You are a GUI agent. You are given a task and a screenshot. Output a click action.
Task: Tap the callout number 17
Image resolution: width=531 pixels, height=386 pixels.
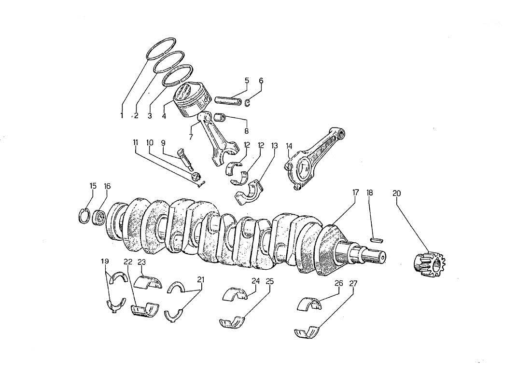pyautogui.click(x=355, y=193)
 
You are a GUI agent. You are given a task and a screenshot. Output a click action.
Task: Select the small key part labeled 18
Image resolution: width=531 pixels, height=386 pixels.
pyautogui.click(x=377, y=238)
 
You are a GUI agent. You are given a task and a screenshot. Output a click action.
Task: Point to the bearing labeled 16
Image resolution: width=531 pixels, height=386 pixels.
pyautogui.click(x=99, y=217)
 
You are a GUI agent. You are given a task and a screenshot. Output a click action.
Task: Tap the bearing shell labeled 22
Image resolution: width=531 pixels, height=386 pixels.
pyautogui.click(x=145, y=307)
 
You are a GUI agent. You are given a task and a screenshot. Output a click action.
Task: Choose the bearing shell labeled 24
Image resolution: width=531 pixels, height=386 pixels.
pyautogui.click(x=235, y=294)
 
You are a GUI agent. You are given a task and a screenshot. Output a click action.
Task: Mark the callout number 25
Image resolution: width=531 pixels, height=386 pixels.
pyautogui.click(x=269, y=282)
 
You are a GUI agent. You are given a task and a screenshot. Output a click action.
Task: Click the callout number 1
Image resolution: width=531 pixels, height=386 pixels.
pyautogui.click(x=122, y=115)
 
